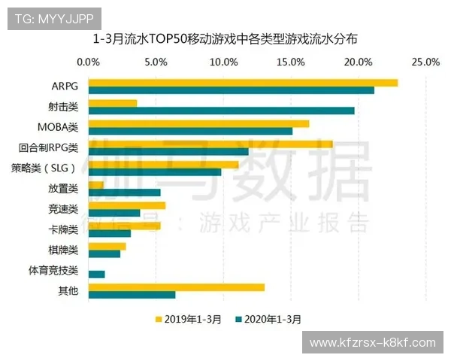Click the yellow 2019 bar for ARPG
click(243, 83)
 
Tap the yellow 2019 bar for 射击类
click(113, 103)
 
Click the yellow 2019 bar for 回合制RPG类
click(210, 144)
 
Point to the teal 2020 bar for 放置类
click(124, 193)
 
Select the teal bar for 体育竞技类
click(96, 274)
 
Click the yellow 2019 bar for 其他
click(177, 287)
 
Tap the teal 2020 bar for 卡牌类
click(109, 233)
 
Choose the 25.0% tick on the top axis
click(425, 62)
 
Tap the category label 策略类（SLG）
click(44, 168)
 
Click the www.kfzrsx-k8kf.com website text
click(372, 343)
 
